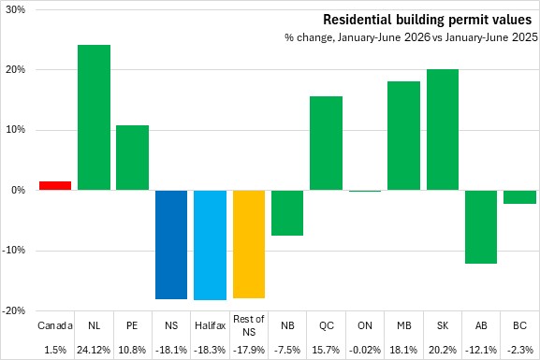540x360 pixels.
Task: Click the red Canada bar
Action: (x=55, y=185)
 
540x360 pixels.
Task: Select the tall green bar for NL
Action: (x=94, y=118)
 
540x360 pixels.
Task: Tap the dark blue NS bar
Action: (x=171, y=245)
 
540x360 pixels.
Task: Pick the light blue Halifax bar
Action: (x=210, y=245)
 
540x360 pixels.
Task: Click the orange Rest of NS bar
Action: (x=249, y=244)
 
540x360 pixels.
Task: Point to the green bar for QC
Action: (x=326, y=143)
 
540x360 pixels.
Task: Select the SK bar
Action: (x=443, y=130)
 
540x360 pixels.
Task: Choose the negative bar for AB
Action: (x=481, y=227)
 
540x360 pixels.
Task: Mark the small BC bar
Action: (x=520, y=197)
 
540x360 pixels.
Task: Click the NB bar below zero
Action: (x=287, y=212)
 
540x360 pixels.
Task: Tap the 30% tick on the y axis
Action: (x=16, y=9)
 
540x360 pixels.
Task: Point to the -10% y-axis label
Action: (x=14, y=251)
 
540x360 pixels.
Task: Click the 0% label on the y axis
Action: (x=19, y=190)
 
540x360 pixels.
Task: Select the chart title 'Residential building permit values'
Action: (x=428, y=20)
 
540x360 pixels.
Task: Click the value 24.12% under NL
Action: (x=94, y=350)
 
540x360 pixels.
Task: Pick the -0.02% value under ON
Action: (x=365, y=350)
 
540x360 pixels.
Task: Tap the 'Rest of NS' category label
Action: (x=249, y=325)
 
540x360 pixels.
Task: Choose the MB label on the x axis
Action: (x=404, y=325)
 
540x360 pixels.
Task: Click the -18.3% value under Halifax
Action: (x=210, y=350)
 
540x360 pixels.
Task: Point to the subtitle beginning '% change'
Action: (x=411, y=37)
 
